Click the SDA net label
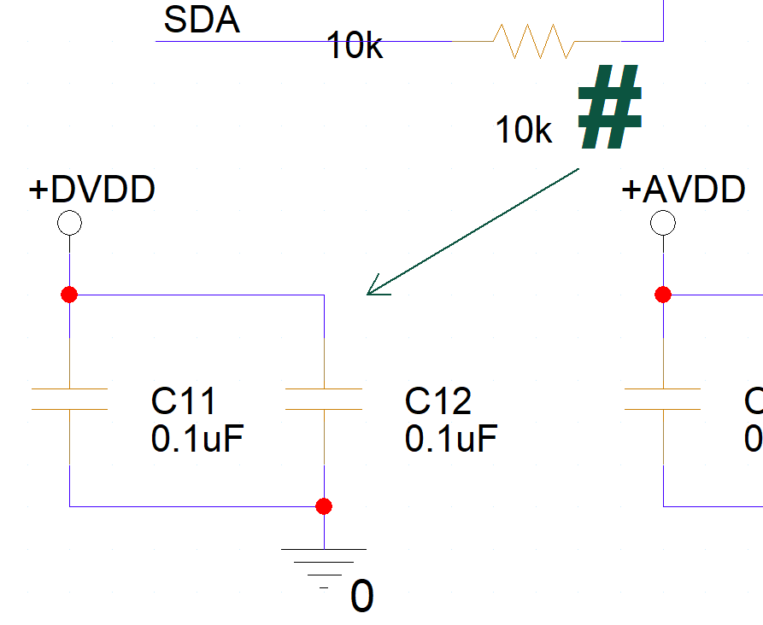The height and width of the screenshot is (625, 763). tap(202, 20)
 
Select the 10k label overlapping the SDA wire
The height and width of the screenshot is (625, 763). tap(355, 47)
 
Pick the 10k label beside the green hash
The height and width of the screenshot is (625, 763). tap(524, 131)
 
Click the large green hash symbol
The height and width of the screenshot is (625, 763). tap(610, 108)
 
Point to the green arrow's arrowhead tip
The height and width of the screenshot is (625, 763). tap(368, 294)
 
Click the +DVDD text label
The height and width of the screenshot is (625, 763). tap(92, 190)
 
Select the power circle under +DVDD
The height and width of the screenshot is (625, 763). tap(68, 224)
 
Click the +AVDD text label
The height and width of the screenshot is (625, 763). tap(684, 190)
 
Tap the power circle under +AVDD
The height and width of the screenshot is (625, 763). tap(662, 224)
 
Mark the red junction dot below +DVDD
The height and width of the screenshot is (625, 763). tap(69, 295)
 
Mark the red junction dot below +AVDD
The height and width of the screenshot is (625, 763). tap(662, 295)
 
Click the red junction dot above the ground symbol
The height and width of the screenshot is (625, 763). tap(323, 506)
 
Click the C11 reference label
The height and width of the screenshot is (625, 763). tap(184, 400)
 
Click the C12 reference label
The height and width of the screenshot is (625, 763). tap(438, 400)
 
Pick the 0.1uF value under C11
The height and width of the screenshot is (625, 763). tap(197, 439)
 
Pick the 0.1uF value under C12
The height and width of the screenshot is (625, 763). tap(451, 439)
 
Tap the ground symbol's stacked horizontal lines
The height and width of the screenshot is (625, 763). tap(324, 564)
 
